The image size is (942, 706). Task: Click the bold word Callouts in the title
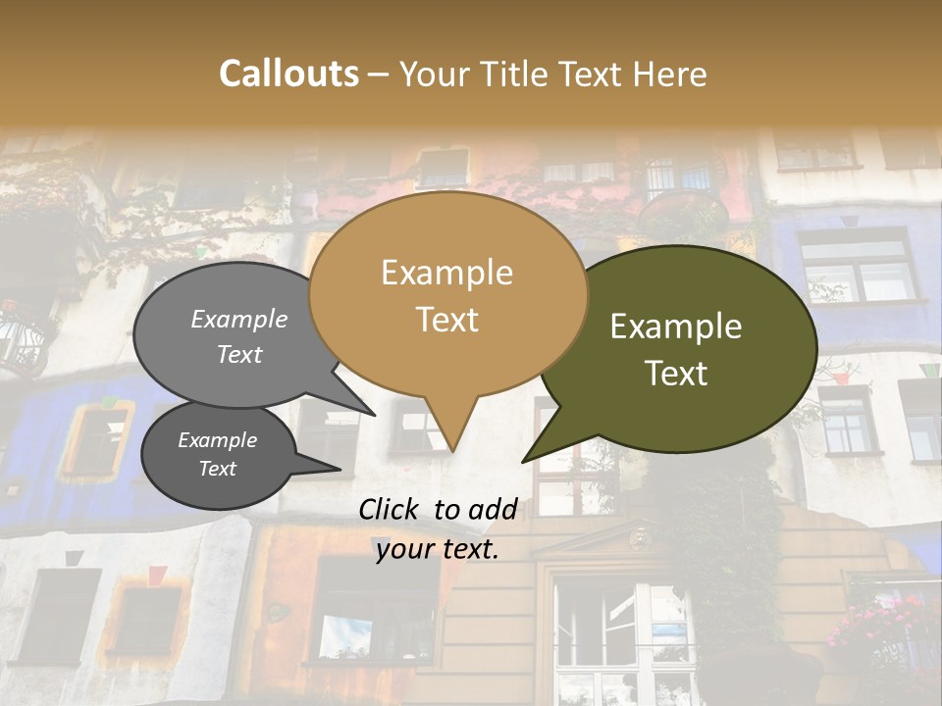pos(288,74)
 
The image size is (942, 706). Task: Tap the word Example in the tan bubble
pos(446,273)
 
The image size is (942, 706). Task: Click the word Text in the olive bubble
pos(676,374)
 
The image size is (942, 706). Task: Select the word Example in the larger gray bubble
pos(238,320)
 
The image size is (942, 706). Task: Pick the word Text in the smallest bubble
pos(217,469)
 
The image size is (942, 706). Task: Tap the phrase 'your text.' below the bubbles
pos(437,549)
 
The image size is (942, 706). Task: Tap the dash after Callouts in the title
pos(379,74)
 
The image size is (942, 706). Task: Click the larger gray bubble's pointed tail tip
pos(374,415)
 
